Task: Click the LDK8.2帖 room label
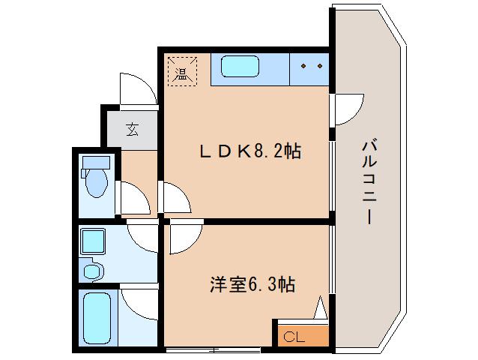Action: click(x=251, y=152)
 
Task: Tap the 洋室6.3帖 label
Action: click(x=252, y=285)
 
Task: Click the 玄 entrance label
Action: click(x=132, y=130)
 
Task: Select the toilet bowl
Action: click(x=95, y=182)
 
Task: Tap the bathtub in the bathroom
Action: click(x=96, y=318)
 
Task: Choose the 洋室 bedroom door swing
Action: click(x=183, y=238)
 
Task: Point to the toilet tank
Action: click(x=96, y=161)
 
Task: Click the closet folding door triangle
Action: click(x=321, y=309)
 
